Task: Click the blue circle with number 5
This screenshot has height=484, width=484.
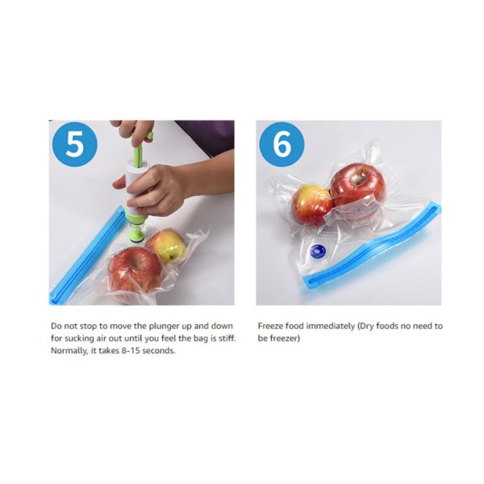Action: pyautogui.click(x=74, y=145)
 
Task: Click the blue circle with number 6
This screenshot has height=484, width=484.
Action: pyautogui.click(x=282, y=145)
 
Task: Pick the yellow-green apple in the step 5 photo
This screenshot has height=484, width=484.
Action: pyautogui.click(x=167, y=245)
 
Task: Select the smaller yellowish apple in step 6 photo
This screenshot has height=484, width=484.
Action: pyautogui.click(x=310, y=205)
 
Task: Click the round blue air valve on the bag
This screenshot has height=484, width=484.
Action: pyautogui.click(x=318, y=251)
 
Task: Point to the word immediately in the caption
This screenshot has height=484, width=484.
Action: pyautogui.click(x=323, y=327)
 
